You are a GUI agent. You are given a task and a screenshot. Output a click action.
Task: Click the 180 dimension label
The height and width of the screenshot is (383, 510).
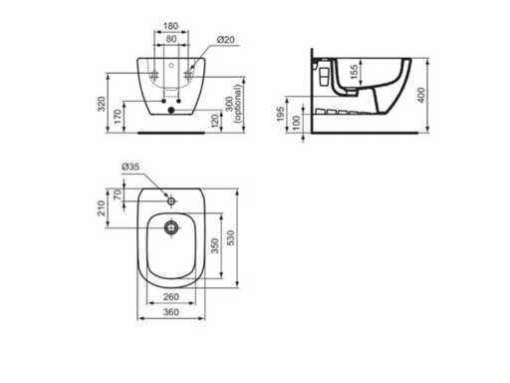coord(171,26)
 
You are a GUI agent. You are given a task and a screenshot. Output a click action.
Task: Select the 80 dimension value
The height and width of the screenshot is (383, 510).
coord(171,39)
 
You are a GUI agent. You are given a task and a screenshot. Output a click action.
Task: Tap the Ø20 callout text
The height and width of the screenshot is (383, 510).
coord(226,40)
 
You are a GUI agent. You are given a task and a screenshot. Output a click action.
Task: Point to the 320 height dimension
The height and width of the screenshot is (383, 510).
coord(102,104)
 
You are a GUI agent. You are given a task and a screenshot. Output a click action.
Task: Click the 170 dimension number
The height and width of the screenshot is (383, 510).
coord(118,117)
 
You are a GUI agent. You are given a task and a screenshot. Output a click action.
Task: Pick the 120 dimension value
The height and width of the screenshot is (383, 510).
coord(215,121)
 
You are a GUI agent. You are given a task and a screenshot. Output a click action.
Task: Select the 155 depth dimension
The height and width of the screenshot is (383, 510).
coord(355,72)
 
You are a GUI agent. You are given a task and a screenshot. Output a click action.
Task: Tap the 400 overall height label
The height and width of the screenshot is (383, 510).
coord(420,95)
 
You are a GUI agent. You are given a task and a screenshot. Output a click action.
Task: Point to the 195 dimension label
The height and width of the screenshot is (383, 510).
coord(281,114)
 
